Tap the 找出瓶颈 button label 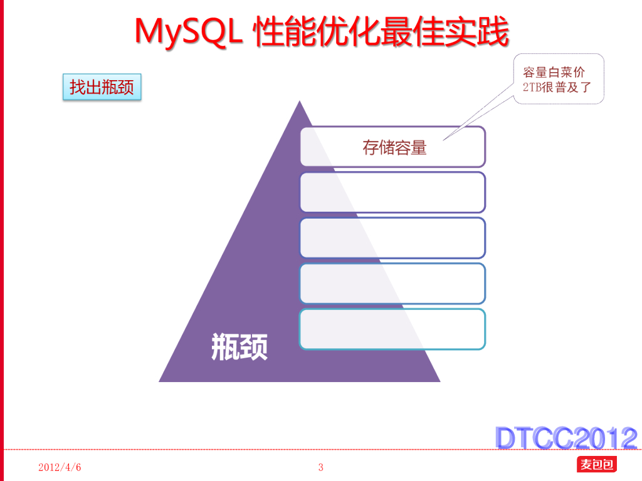[102, 87]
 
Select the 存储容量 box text [394, 148]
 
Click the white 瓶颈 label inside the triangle [239, 346]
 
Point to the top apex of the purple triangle [300, 102]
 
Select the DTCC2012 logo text [566, 438]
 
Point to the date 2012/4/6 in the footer [60, 468]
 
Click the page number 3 [321, 467]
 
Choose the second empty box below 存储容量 [392, 192]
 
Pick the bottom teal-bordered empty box [392, 329]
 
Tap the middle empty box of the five [392, 238]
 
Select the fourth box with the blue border [392, 284]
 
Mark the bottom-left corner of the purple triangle [160, 381]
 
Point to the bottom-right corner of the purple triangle [439, 381]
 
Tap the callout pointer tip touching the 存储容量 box [444, 139]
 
